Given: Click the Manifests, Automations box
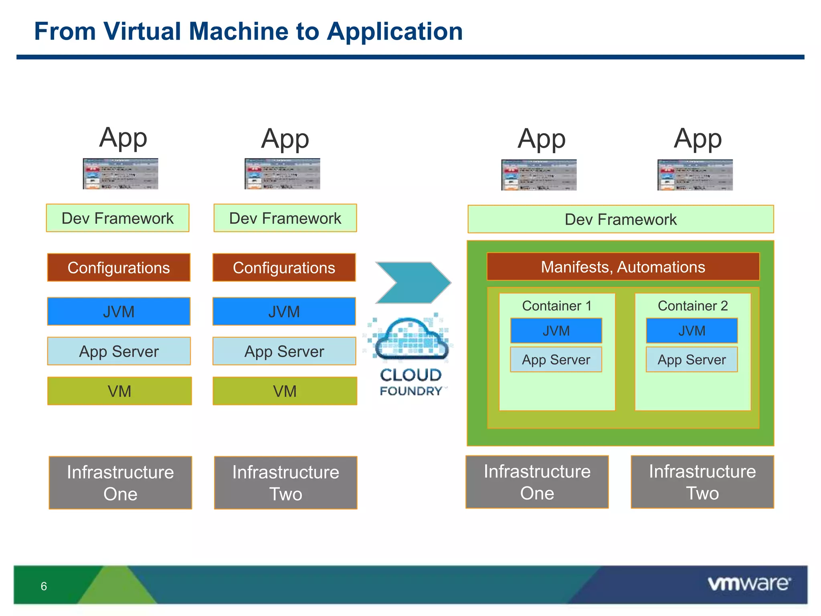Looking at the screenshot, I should point(623,267).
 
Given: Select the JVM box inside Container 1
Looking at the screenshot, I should point(556,330).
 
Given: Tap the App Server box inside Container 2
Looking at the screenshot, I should point(692,360).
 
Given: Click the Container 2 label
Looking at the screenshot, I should point(692,306).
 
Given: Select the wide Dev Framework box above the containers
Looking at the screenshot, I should point(621,219).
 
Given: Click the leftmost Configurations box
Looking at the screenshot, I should point(119,267).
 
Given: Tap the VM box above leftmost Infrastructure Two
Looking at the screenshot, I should point(285,391).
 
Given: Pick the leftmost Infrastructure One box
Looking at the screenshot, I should point(120,483).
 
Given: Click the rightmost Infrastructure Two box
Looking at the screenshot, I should point(702,482).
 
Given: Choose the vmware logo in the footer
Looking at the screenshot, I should point(749,584).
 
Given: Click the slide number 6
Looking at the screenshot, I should point(44,586).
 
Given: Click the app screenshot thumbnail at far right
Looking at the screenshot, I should point(695,175).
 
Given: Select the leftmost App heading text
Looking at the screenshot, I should point(123,138).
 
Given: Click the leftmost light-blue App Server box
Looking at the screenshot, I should point(119,351).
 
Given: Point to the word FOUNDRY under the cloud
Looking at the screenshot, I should point(411,391).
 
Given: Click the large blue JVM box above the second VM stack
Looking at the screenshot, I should point(284,312).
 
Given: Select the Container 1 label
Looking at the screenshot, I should point(556,306).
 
